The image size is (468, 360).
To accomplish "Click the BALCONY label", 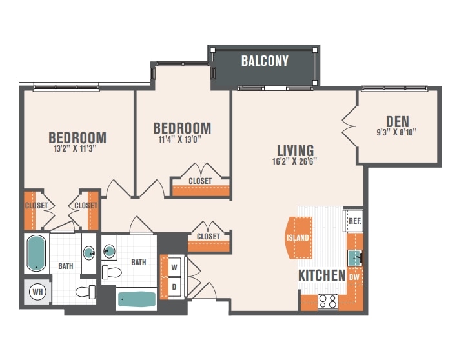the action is click(x=265, y=61).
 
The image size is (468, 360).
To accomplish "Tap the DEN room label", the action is click(x=398, y=122).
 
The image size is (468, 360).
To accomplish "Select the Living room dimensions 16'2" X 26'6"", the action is click(x=294, y=161).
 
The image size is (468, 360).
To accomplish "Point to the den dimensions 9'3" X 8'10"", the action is click(x=396, y=132).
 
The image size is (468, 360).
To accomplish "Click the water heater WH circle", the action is click(x=38, y=292).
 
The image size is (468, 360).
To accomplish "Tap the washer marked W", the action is click(x=174, y=267).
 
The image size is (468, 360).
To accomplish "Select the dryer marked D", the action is click(x=174, y=287).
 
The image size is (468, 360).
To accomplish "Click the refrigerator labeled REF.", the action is click(x=354, y=221).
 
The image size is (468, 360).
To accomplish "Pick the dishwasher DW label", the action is click(x=354, y=277).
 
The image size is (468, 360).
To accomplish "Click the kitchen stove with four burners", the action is click(x=328, y=301).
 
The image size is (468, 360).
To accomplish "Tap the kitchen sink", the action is click(x=355, y=258).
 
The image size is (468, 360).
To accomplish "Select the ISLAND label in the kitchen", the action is click(x=298, y=237).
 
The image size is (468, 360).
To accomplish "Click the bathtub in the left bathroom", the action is click(x=37, y=253).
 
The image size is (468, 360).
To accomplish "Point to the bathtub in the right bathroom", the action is click(x=137, y=299).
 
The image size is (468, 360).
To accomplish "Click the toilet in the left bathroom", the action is click(x=86, y=292).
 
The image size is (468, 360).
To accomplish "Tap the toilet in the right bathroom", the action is click(x=112, y=272).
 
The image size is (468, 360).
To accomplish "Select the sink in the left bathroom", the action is click(x=89, y=253).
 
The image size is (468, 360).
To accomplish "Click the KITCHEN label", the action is click(x=322, y=275).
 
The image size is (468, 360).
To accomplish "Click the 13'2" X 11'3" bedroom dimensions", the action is click(x=76, y=148).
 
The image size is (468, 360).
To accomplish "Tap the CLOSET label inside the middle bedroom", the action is click(x=200, y=181).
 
